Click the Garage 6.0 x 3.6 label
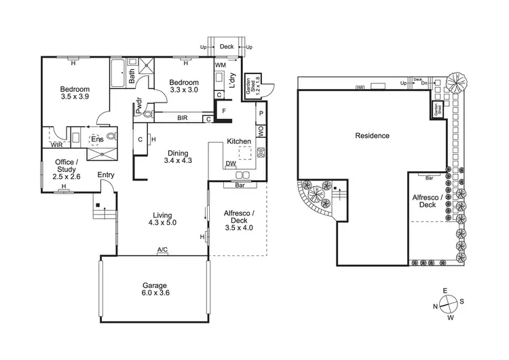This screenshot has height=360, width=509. [155, 289]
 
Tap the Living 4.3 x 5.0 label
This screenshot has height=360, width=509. [162, 218]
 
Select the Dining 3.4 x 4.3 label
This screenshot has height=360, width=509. [178, 157]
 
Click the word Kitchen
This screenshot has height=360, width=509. [239, 141]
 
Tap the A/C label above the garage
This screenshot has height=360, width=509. [162, 251]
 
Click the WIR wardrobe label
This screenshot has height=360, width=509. [57, 145]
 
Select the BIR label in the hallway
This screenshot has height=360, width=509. [182, 118]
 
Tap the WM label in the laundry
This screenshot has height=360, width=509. [220, 65]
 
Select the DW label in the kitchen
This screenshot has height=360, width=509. [231, 164]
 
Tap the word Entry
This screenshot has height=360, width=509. [106, 175]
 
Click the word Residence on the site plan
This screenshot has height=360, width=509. [373, 136]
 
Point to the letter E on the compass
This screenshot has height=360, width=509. [445, 291]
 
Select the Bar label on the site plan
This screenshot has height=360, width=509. [429, 178]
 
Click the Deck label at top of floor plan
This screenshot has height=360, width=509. [227, 48]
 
